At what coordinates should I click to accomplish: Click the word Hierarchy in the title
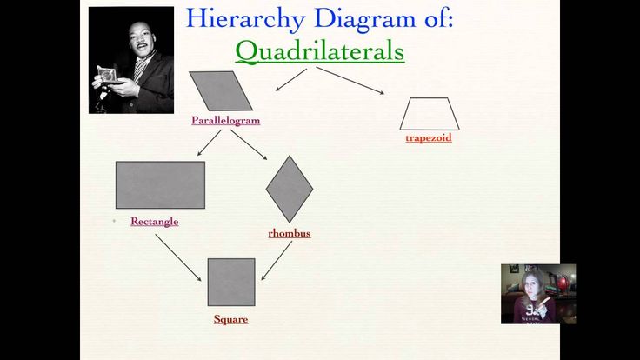(246, 19)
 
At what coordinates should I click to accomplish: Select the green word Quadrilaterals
(320, 51)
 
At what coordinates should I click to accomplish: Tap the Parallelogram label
(226, 120)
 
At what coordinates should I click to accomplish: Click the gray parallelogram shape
(221, 91)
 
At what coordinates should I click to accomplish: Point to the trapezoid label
(429, 137)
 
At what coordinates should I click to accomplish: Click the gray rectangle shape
(160, 185)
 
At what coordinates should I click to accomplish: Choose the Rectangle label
(155, 221)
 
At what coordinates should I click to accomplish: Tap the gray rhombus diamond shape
(290, 189)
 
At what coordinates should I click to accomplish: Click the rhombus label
(290, 233)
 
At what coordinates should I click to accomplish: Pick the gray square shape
(231, 282)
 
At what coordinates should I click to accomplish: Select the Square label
(230, 319)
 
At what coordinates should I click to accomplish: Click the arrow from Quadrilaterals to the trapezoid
(350, 81)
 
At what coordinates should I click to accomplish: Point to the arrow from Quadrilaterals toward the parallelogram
(291, 80)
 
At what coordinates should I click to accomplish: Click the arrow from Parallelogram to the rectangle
(210, 143)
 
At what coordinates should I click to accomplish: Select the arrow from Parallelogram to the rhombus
(248, 144)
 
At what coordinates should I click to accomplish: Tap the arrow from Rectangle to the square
(178, 257)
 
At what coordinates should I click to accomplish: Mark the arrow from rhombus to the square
(277, 260)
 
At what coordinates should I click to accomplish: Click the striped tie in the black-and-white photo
(140, 70)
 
